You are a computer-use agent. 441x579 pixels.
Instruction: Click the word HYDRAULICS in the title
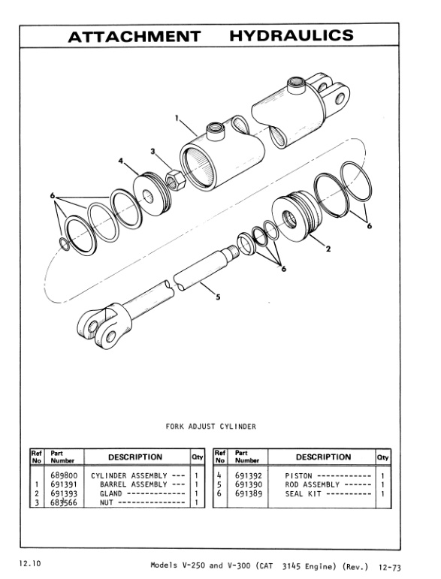(298, 37)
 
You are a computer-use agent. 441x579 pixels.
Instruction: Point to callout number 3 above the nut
(153, 152)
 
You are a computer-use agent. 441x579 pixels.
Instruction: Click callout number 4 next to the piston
(120, 160)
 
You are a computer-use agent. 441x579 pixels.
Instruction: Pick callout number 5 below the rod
(217, 297)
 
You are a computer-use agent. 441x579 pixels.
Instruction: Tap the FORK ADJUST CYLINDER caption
(210, 427)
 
